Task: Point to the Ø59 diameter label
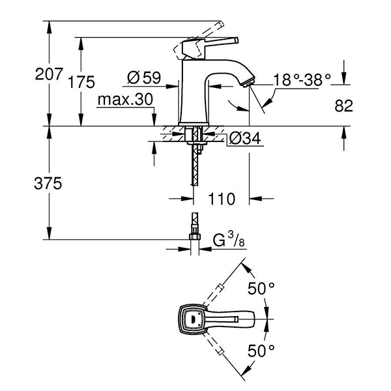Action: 144,78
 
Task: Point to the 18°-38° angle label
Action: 302,79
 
